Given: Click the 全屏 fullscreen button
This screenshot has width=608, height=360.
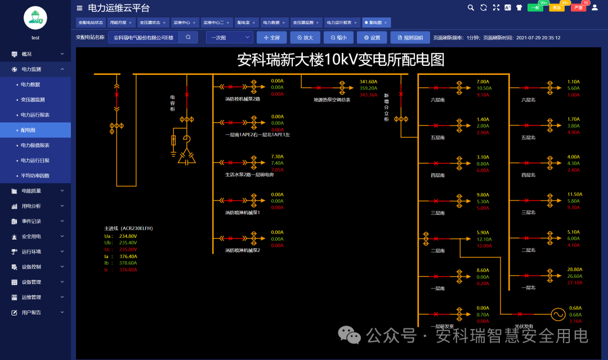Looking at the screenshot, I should point(271,38).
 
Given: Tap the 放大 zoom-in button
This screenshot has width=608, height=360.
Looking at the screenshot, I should point(305,38).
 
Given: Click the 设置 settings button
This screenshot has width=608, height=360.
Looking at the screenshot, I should point(372,38).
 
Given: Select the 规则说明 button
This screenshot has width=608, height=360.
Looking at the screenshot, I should point(409,38).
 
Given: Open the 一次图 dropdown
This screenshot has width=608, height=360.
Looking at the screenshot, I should point(230,38).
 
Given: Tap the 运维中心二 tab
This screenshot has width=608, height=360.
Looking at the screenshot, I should point(216,22).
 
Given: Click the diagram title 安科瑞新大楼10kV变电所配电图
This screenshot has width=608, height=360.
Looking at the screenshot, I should point(341,60).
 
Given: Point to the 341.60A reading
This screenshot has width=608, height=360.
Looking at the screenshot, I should point(368,82).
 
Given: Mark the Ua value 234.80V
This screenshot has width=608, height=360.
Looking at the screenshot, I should point(128,236).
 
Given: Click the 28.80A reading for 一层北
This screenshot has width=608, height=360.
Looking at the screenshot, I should point(575,270).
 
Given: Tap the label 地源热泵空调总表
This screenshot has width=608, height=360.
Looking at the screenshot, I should point(332,100).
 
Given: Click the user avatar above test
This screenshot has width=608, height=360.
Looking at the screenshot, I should point(35,17).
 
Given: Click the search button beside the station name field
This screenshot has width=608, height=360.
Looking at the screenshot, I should point(188,38).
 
